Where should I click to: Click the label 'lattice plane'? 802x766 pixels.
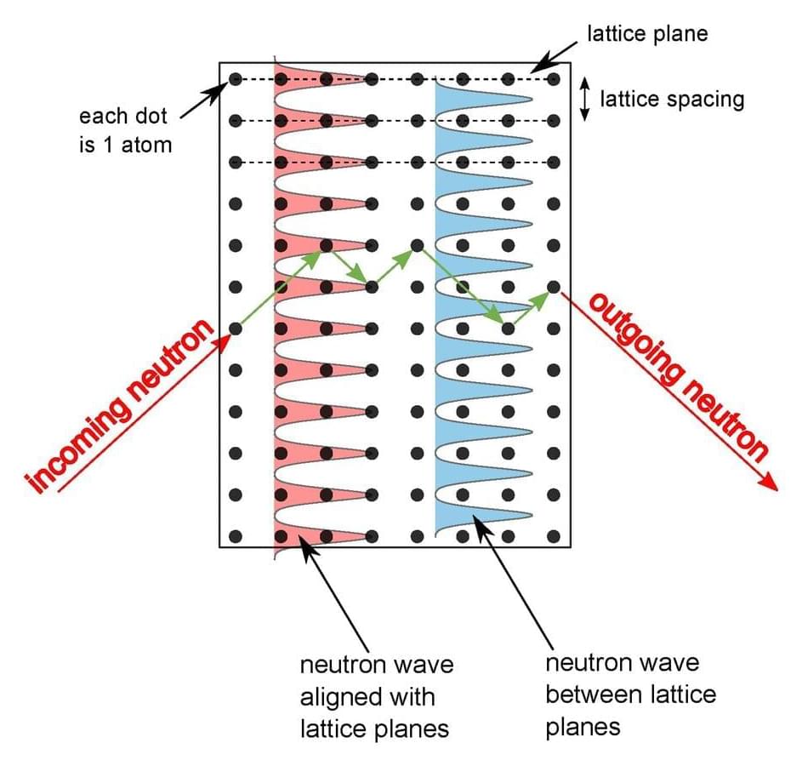(x=647, y=35)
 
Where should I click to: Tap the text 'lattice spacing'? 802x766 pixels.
(x=672, y=100)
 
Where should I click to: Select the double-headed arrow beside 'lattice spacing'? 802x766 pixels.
(x=584, y=100)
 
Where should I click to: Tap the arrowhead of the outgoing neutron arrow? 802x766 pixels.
(x=770, y=483)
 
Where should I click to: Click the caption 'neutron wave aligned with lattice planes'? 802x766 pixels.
(x=377, y=696)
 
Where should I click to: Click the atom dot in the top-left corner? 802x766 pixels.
(x=236, y=79)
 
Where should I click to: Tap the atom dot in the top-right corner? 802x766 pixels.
(x=554, y=79)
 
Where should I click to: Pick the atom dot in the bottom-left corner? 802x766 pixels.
(x=236, y=536)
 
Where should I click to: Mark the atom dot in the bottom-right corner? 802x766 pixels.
(x=554, y=536)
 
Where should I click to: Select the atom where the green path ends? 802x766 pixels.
(x=554, y=287)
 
